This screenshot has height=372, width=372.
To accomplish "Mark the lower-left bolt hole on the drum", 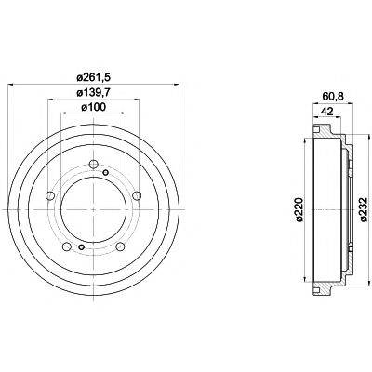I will point(66,244).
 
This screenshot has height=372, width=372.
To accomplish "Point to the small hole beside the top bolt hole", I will point(105,174).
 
